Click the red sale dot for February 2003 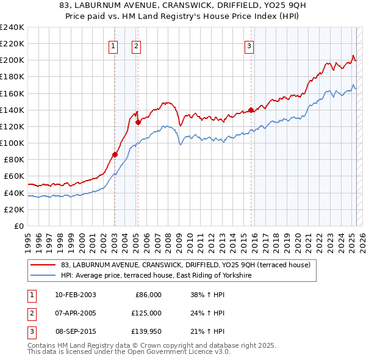coord(115,154)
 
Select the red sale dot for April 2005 coord(138,122)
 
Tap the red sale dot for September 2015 coord(251,110)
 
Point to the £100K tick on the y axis coord(12,143)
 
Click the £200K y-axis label coord(12,60)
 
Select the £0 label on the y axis coord(18,226)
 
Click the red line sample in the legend coord(43,265)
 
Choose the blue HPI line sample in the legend coord(43,276)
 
